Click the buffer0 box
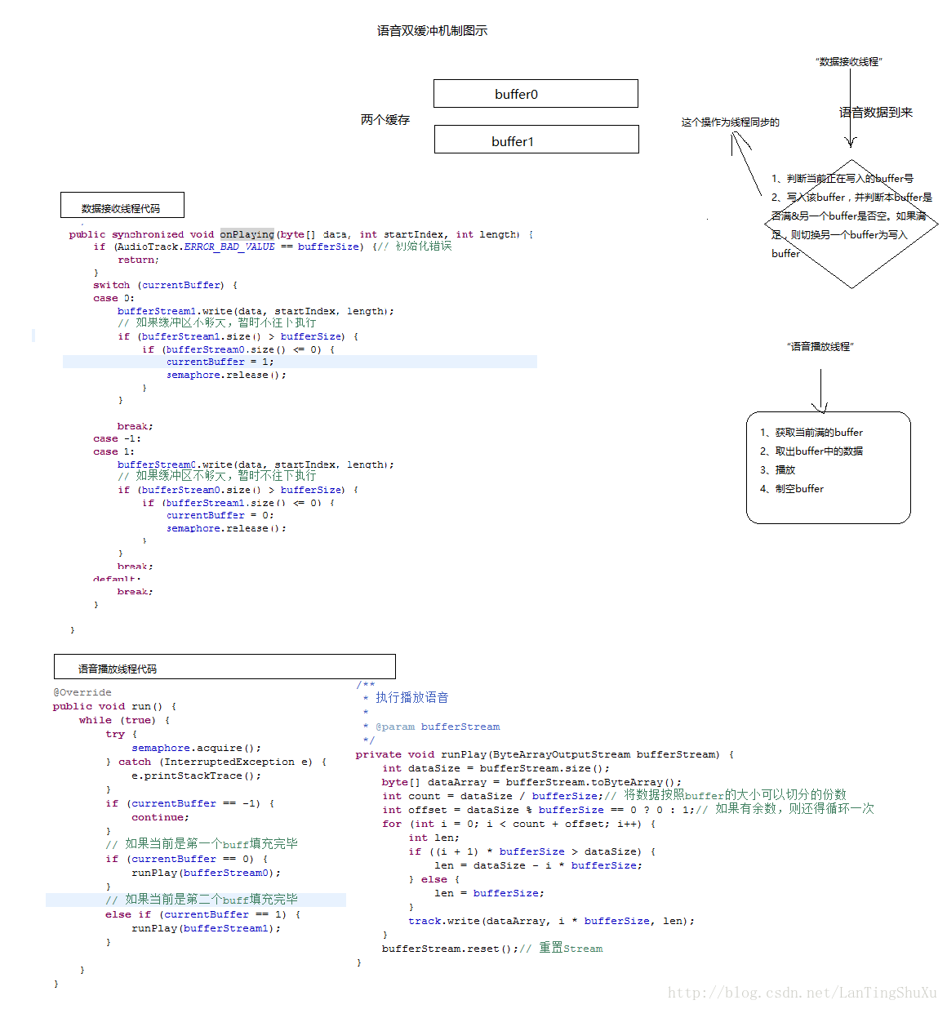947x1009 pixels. click(x=536, y=94)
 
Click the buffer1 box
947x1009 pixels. click(x=536, y=140)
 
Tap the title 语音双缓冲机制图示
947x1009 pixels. click(x=432, y=31)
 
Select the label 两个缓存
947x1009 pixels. click(x=385, y=120)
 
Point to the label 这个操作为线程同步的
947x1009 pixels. click(x=730, y=122)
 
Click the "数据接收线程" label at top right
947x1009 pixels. click(x=848, y=62)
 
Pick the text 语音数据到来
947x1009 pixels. click(x=875, y=113)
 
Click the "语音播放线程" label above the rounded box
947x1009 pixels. click(x=820, y=347)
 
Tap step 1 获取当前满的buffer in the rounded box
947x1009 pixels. click(x=811, y=433)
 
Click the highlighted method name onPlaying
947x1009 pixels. click(x=247, y=234)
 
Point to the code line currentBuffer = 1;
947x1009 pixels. click(x=220, y=362)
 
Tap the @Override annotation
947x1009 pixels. click(x=82, y=692)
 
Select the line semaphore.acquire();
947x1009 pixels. click(x=196, y=748)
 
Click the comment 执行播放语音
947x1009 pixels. click(x=411, y=698)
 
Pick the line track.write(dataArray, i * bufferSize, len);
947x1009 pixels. click(x=551, y=921)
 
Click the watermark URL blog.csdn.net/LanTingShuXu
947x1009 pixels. click(x=802, y=993)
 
